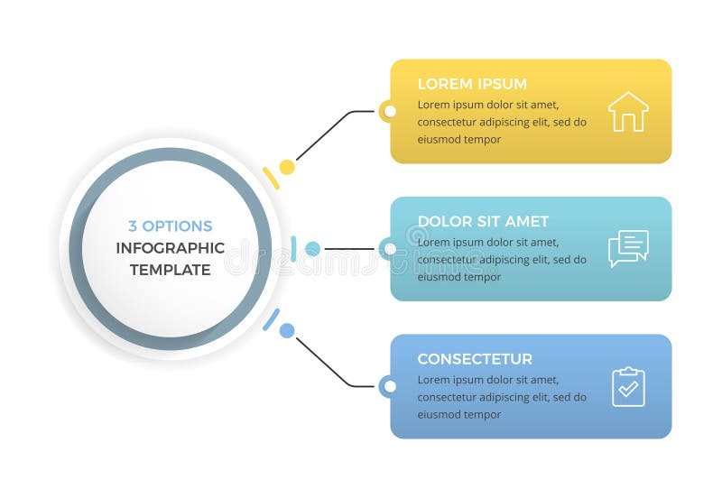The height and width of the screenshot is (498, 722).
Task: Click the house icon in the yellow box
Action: tap(628, 113)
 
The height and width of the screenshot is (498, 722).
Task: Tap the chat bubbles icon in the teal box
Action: tap(628, 248)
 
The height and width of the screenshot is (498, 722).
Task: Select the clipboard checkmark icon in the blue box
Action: tap(628, 386)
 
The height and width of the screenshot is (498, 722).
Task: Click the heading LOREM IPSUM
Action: tap(472, 84)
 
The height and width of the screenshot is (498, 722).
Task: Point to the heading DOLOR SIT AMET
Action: tap(483, 221)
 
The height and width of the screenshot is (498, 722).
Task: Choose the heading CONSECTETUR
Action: tap(475, 359)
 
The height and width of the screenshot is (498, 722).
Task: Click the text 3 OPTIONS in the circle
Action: tap(171, 226)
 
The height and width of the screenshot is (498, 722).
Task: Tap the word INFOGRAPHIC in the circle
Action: tap(171, 248)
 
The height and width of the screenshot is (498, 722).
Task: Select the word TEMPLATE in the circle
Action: tap(171, 270)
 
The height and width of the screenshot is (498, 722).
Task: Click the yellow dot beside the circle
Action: tap(287, 167)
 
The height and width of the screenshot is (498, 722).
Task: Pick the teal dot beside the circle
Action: tap(312, 249)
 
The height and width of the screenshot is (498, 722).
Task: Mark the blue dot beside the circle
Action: tap(287, 330)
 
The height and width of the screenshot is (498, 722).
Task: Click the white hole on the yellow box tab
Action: tap(390, 112)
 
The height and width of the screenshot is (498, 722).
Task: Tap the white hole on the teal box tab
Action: tap(390, 249)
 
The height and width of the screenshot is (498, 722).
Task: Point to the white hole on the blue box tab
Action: tap(390, 386)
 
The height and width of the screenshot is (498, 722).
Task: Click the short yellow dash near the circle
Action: tap(271, 178)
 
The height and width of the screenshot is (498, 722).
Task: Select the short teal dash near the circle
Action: tap(294, 249)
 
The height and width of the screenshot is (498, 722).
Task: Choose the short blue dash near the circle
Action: tap(271, 319)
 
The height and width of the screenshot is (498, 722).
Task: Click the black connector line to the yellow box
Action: tap(325, 135)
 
